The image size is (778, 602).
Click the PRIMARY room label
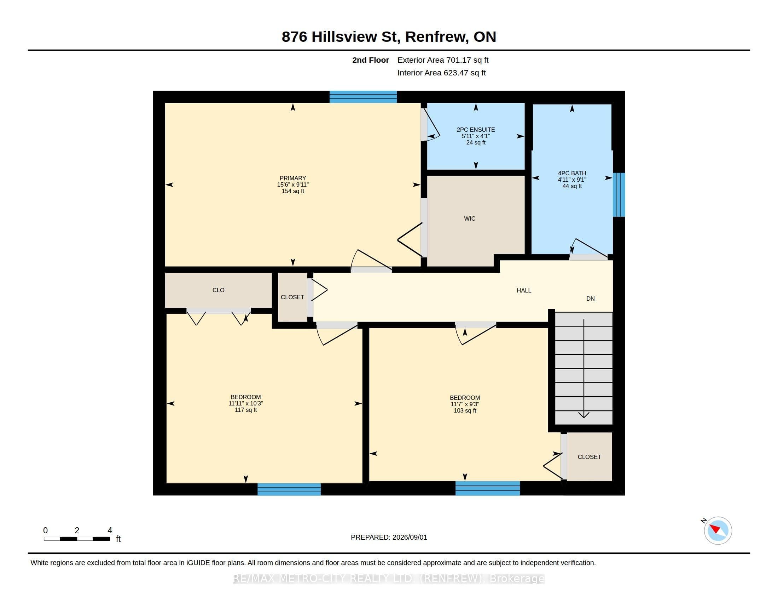pos(293,178)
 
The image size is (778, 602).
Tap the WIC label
pos(470,218)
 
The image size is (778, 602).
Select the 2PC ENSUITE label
pos(476,130)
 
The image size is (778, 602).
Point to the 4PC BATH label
pos(572,173)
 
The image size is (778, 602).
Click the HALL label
pos(524,291)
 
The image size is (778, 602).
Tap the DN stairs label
pos(591,299)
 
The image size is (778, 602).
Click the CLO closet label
pos(218,290)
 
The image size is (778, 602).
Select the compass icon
pos(718,531)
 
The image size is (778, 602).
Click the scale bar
pos(77,539)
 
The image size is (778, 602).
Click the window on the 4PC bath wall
pos(619,195)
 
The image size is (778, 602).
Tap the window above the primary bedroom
pos(363,97)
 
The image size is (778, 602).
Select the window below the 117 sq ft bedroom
pos(289,489)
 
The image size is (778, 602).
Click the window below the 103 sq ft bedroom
pos(488,488)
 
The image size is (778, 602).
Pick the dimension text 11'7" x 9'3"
pos(465,404)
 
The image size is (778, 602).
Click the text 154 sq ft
pos(293,191)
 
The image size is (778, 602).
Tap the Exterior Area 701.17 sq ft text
pos(443,60)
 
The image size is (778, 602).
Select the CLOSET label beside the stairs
pos(589,457)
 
